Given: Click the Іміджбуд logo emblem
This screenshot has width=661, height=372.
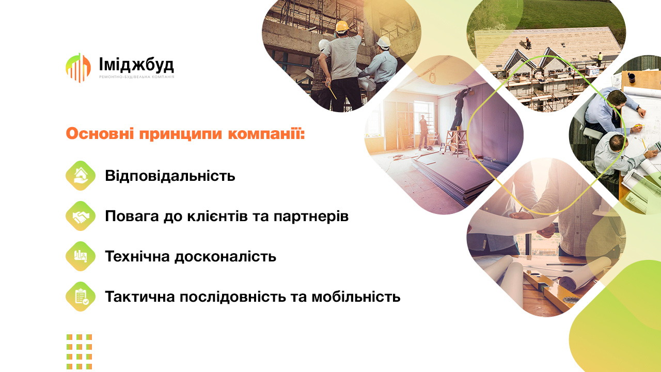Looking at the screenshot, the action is click(x=78, y=68).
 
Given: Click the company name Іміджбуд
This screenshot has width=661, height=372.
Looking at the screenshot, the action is click(x=136, y=65).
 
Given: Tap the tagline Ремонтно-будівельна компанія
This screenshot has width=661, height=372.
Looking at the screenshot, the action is click(x=136, y=77).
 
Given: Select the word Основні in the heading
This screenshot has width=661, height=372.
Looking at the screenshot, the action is click(x=100, y=133).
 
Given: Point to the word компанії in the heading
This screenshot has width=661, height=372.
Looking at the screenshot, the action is click(x=266, y=134).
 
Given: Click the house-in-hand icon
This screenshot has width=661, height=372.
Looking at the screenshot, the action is click(x=81, y=176).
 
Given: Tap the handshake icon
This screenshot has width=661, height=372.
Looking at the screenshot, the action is click(x=81, y=216).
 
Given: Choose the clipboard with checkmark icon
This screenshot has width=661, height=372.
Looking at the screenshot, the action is click(x=81, y=297).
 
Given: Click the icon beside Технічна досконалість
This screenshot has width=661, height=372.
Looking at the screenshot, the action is click(x=81, y=256).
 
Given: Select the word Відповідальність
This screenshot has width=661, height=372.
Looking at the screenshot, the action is click(x=170, y=176).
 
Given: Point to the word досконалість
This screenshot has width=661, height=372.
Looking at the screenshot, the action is click(x=226, y=257).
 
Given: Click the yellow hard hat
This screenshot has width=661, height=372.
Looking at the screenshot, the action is click(x=342, y=26).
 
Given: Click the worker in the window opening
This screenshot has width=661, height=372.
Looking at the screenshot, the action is click(x=423, y=132).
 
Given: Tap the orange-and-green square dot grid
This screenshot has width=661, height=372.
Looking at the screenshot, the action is click(x=79, y=352).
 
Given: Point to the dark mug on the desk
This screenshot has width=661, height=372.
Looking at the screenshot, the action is click(x=631, y=78).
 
